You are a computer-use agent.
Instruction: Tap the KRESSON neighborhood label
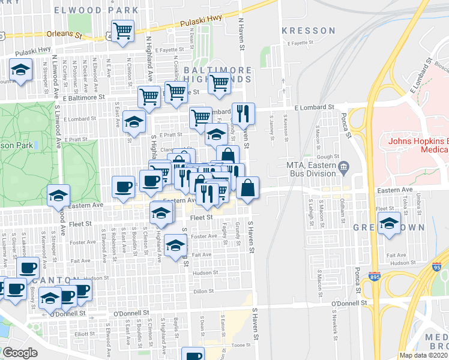(308, 30)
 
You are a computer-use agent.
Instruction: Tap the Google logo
(20, 353)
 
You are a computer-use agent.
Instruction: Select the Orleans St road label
(63, 35)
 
